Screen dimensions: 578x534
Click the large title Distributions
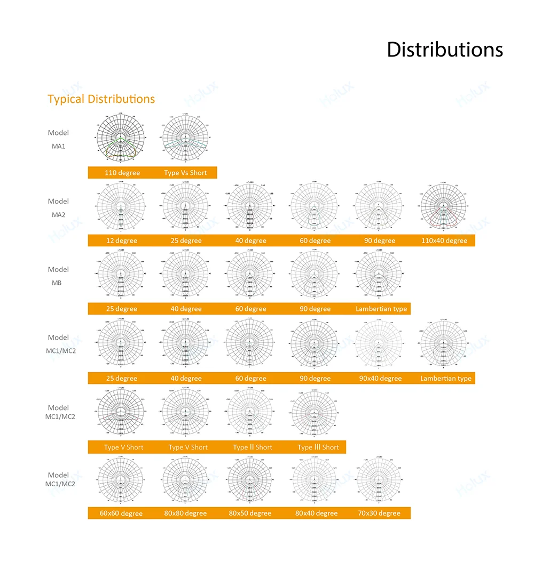444,49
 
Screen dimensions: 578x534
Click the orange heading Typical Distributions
101,99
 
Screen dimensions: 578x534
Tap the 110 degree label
122,173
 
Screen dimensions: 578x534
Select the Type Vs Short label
185,173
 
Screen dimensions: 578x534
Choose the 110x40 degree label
444,240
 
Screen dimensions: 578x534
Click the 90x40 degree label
380,379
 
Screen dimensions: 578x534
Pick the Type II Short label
253,447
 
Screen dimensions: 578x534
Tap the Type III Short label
318,447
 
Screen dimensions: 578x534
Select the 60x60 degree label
121,513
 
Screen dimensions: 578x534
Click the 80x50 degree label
250,513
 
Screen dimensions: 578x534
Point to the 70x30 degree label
379,513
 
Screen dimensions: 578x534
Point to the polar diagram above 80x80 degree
185,481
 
